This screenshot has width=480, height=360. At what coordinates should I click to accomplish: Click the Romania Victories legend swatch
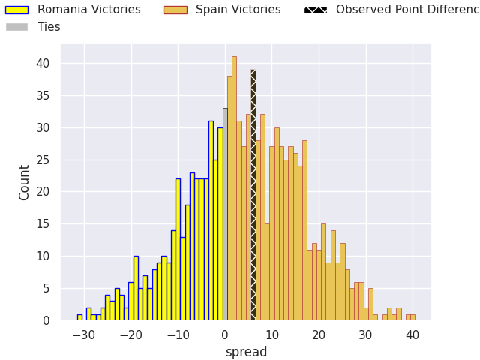click(16, 10)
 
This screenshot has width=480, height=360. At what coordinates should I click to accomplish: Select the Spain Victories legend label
click(238, 10)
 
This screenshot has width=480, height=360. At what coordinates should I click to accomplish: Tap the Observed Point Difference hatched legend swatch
click(315, 10)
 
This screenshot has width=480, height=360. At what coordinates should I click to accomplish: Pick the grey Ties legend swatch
click(16, 27)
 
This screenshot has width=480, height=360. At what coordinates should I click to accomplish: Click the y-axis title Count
click(25, 182)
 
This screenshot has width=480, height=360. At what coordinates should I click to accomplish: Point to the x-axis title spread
click(246, 352)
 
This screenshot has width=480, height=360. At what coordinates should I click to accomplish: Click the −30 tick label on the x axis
click(84, 335)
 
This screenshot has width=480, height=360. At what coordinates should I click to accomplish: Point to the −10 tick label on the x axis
click(178, 335)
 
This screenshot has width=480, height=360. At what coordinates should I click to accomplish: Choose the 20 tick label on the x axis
click(319, 335)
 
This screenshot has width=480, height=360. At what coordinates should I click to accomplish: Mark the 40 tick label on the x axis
click(412, 335)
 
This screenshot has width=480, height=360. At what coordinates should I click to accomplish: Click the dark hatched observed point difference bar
click(253, 195)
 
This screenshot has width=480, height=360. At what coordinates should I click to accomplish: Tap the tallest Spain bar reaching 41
click(234, 187)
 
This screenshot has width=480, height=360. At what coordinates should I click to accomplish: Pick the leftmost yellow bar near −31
click(79, 317)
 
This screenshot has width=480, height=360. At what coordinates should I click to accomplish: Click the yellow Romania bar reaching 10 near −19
click(136, 288)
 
